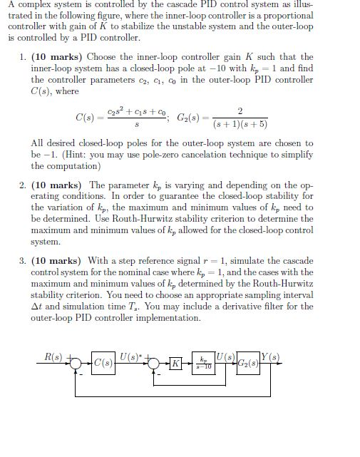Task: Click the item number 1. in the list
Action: coord(24,57)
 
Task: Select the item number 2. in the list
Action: coord(24,185)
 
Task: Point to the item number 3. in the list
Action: coord(24,260)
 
